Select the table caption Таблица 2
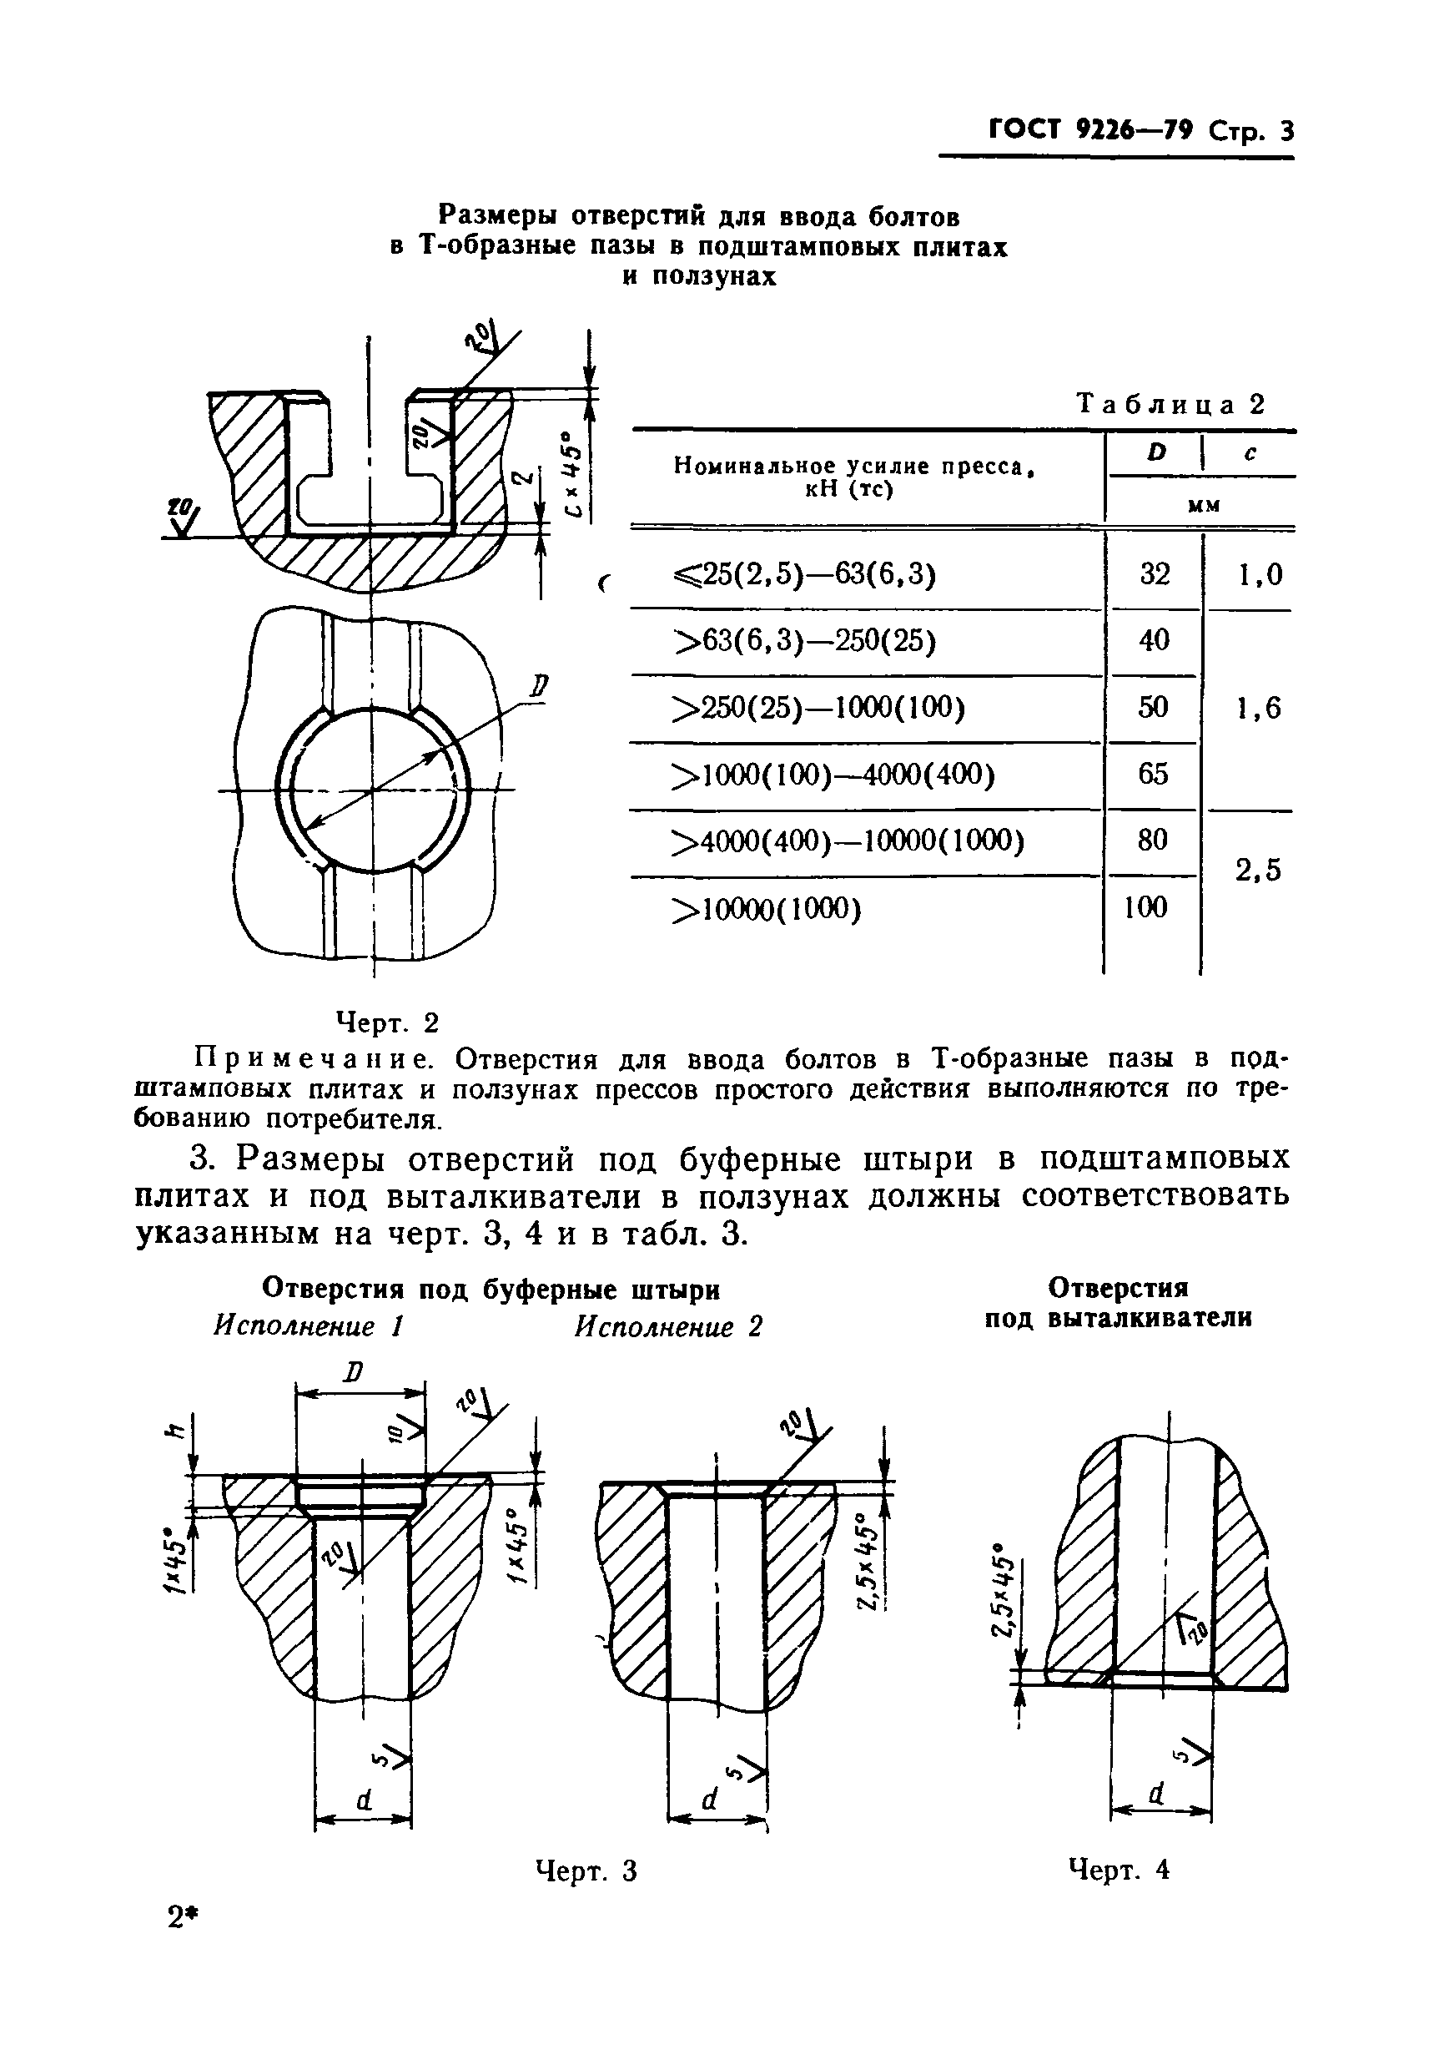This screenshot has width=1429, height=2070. pyautogui.click(x=1171, y=404)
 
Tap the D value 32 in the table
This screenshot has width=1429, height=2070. pyautogui.click(x=1154, y=573)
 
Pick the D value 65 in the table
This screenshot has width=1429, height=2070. pyautogui.click(x=1153, y=772)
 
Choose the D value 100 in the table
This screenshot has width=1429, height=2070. pyautogui.click(x=1146, y=907)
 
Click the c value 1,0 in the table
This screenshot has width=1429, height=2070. pyautogui.click(x=1260, y=574)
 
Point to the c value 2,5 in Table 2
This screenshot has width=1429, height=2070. pyautogui.click(x=1258, y=870)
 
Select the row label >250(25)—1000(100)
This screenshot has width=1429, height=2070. pyautogui.click(x=818, y=708)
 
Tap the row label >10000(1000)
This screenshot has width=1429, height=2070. pyautogui.click(x=767, y=909)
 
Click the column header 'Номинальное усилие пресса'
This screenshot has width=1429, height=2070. pyautogui.click(x=848, y=467)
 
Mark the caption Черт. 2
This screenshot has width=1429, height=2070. pyautogui.click(x=387, y=1021)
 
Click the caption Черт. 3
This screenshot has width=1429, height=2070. pyautogui.click(x=586, y=1871)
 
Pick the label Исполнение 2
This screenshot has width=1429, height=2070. pyautogui.click(x=668, y=1326)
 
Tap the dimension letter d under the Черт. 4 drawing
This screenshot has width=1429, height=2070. pyautogui.click(x=1157, y=1792)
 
